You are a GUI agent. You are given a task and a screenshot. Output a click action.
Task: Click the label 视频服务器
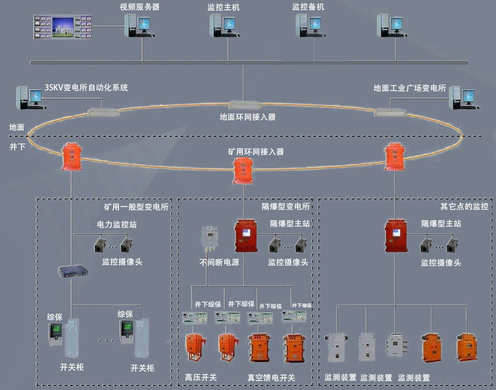click(140, 7)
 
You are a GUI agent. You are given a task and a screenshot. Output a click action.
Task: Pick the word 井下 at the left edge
click(17, 146)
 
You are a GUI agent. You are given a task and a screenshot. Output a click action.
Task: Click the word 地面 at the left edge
click(17, 127)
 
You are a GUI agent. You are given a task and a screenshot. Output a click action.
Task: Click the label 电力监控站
click(116, 225)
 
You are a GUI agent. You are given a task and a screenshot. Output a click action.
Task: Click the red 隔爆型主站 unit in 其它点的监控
click(396, 235)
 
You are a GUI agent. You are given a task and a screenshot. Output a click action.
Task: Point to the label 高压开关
click(201, 377)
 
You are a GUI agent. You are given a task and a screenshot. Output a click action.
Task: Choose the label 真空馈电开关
click(271, 377)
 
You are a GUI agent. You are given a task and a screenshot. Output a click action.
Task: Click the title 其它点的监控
click(464, 206)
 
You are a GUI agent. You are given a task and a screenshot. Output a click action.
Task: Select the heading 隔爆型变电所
click(286, 206)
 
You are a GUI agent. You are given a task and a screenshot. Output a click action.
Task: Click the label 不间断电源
click(219, 262)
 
